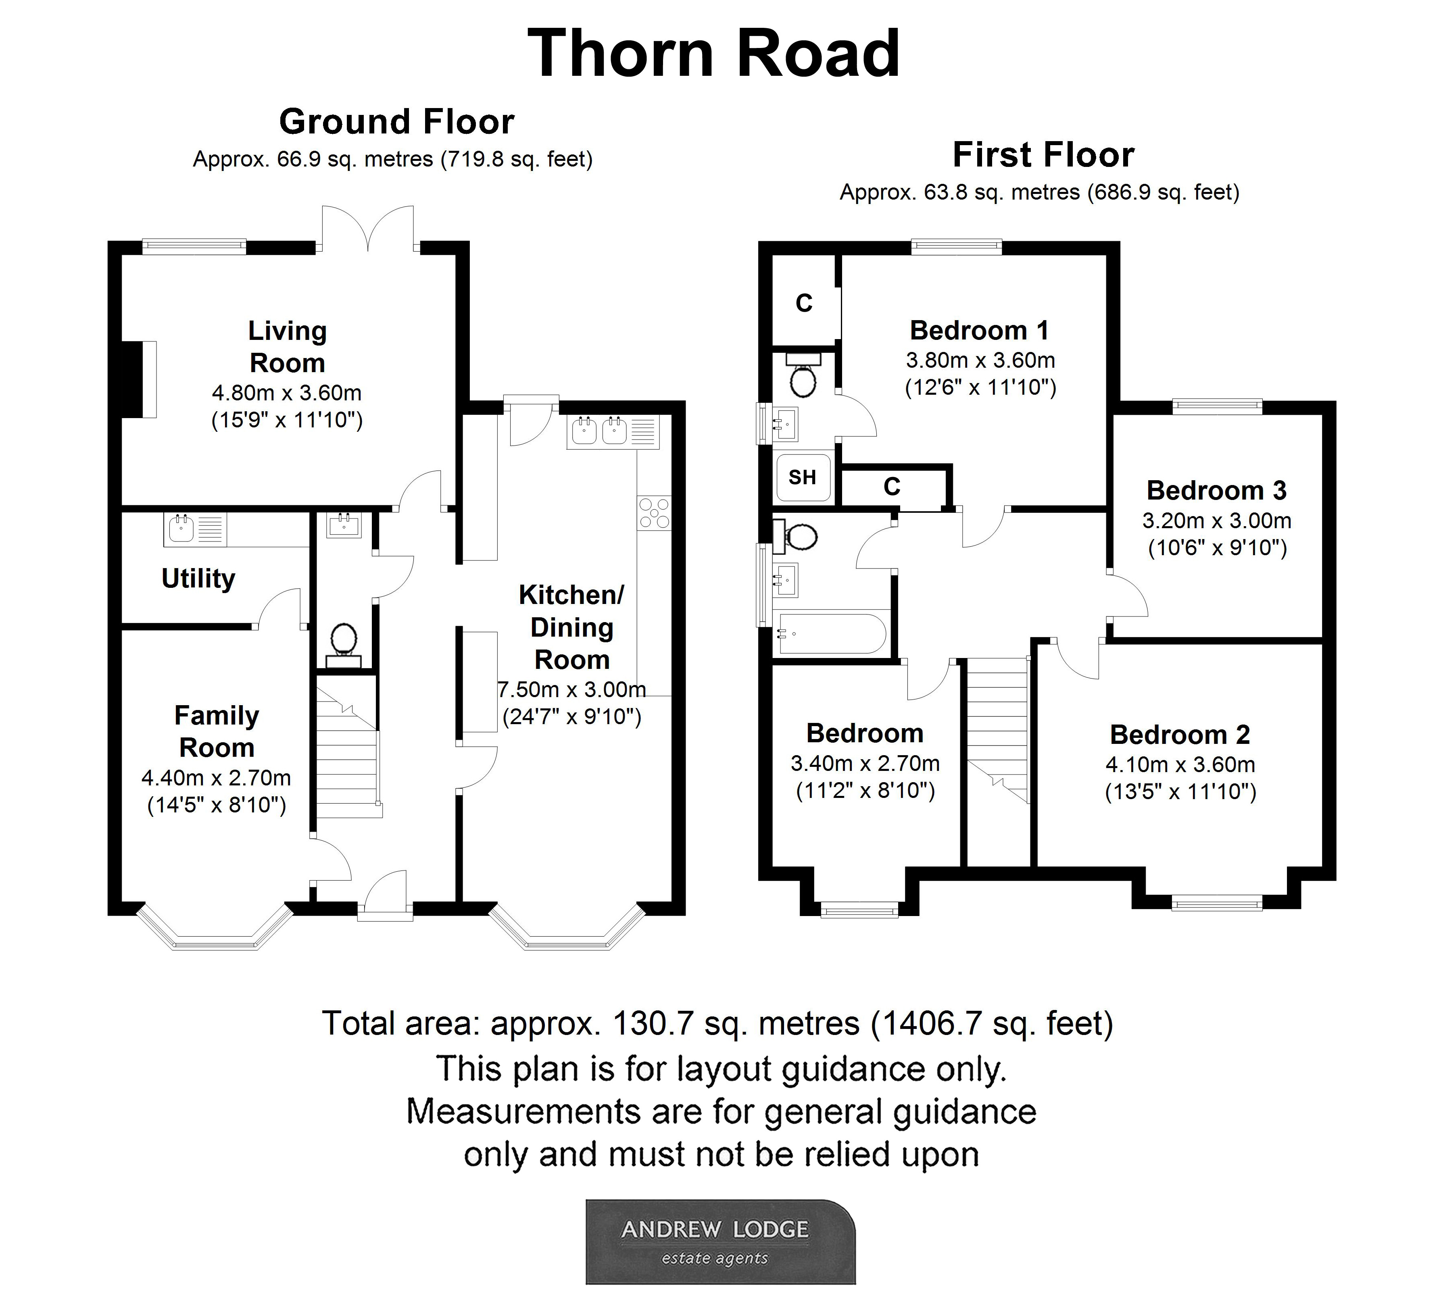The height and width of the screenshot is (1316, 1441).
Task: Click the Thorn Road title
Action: [713, 54]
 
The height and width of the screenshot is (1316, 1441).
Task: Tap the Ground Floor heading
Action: [397, 121]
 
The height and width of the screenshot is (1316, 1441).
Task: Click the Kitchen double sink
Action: [599, 431]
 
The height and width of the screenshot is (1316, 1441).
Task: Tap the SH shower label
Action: [802, 477]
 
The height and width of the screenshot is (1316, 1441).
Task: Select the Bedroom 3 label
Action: [1216, 491]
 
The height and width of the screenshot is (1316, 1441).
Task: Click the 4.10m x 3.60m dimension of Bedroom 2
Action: [1180, 764]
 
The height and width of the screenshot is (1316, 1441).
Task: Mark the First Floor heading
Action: [1044, 155]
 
